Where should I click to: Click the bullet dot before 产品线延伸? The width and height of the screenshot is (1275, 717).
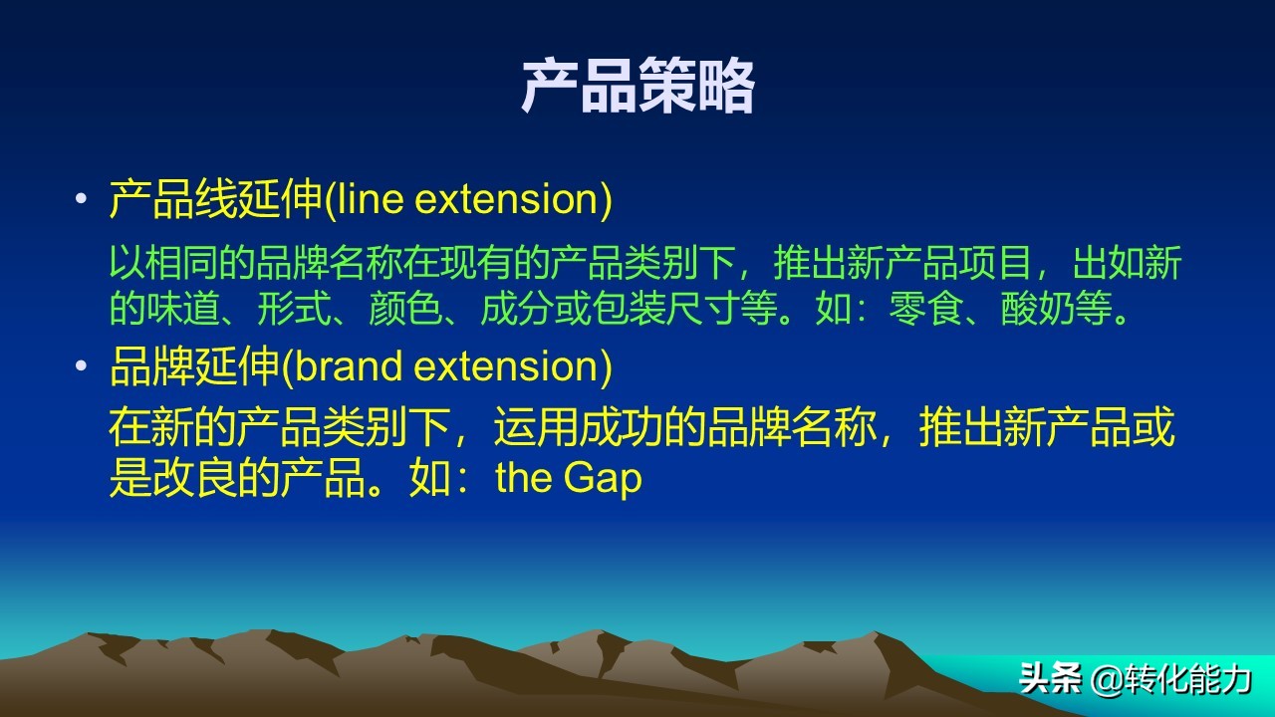pyautogui.click(x=82, y=200)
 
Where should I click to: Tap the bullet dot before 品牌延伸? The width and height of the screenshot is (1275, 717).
pyautogui.click(x=82, y=366)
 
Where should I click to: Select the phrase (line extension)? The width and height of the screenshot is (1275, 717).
pyautogui.click(x=468, y=200)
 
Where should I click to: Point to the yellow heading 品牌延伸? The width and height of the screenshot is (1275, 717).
pyautogui.click(x=195, y=366)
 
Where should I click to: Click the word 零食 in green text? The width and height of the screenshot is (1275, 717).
pyautogui.click(x=921, y=310)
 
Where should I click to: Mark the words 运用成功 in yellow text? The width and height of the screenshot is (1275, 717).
pyautogui.click(x=578, y=428)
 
